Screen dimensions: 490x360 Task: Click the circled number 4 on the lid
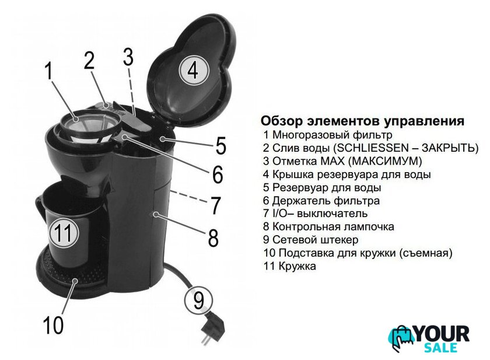pos(194,71)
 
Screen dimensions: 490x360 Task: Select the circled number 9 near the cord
pos(198,300)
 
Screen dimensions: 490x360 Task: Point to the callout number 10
pos(53,324)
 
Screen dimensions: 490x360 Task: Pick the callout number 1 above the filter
pos(49,71)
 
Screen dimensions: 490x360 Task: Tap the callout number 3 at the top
pos(128,57)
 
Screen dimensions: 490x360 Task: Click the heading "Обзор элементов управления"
pos(362,121)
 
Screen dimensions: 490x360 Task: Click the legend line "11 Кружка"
pos(289,266)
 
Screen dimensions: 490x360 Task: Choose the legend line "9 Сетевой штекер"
pos(310,240)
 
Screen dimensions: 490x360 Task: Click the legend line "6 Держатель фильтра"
pos(321,201)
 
